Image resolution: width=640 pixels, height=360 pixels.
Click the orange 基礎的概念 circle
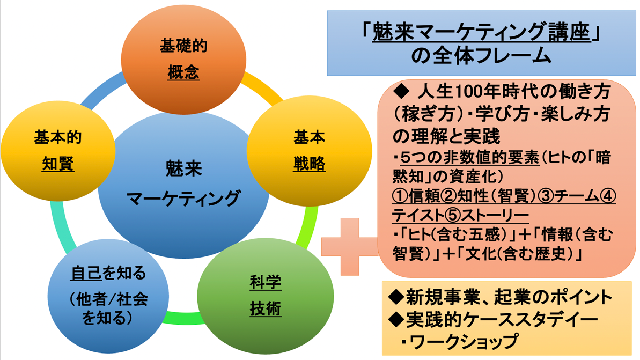pyautogui.click(x=183, y=58)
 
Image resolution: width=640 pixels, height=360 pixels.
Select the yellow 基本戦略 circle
pyautogui.click(x=309, y=151)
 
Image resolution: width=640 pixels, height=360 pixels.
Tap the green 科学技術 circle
pyautogui.click(x=266, y=296)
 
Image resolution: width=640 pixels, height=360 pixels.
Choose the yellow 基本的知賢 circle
pyautogui.click(x=58, y=151)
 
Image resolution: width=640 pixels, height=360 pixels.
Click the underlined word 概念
pyautogui.click(x=183, y=72)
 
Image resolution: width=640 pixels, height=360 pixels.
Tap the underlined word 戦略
pyautogui.click(x=309, y=164)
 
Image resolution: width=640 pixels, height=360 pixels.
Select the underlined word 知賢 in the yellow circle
pyautogui.click(x=58, y=164)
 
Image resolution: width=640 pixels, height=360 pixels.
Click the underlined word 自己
pyautogui.click(x=86, y=274)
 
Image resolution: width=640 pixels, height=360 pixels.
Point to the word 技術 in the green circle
pyautogui.click(x=266, y=310)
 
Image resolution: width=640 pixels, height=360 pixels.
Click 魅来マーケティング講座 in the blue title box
pyautogui.click(x=481, y=34)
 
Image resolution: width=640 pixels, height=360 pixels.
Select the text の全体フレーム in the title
pyautogui.click(x=481, y=55)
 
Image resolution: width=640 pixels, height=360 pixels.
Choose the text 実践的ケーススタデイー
pyautogui.click(x=502, y=319)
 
